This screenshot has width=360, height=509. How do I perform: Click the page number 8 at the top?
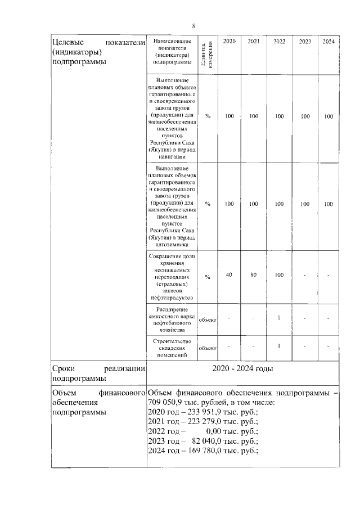(x=193, y=26)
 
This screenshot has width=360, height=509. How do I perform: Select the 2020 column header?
(x=229, y=42)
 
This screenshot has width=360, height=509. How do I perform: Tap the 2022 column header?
(x=279, y=42)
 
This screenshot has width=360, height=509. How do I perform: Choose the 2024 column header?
(x=328, y=42)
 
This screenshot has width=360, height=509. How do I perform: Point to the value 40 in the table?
(x=229, y=275)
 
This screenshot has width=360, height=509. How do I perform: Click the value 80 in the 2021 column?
(x=254, y=275)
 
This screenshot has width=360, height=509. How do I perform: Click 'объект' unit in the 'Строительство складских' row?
(x=208, y=348)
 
